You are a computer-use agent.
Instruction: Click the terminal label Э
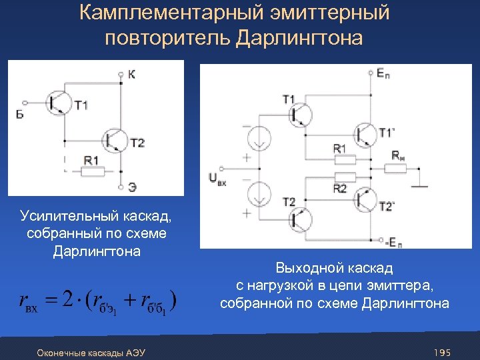coord(132,187)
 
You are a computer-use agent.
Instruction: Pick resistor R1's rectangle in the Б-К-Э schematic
coord(91,171)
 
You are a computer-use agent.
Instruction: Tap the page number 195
coord(442,352)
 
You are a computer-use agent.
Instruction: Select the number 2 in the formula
coord(67,299)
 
